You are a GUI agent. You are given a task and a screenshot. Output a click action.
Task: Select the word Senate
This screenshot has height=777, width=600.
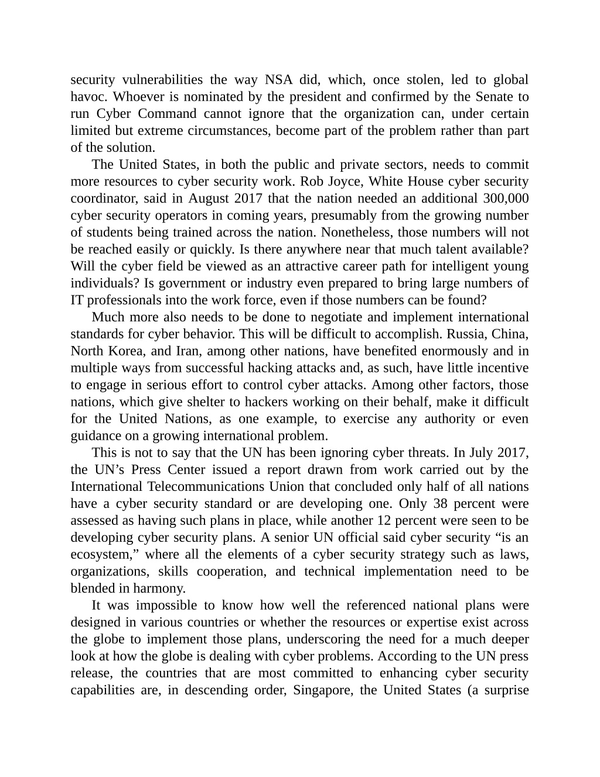(493, 97)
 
